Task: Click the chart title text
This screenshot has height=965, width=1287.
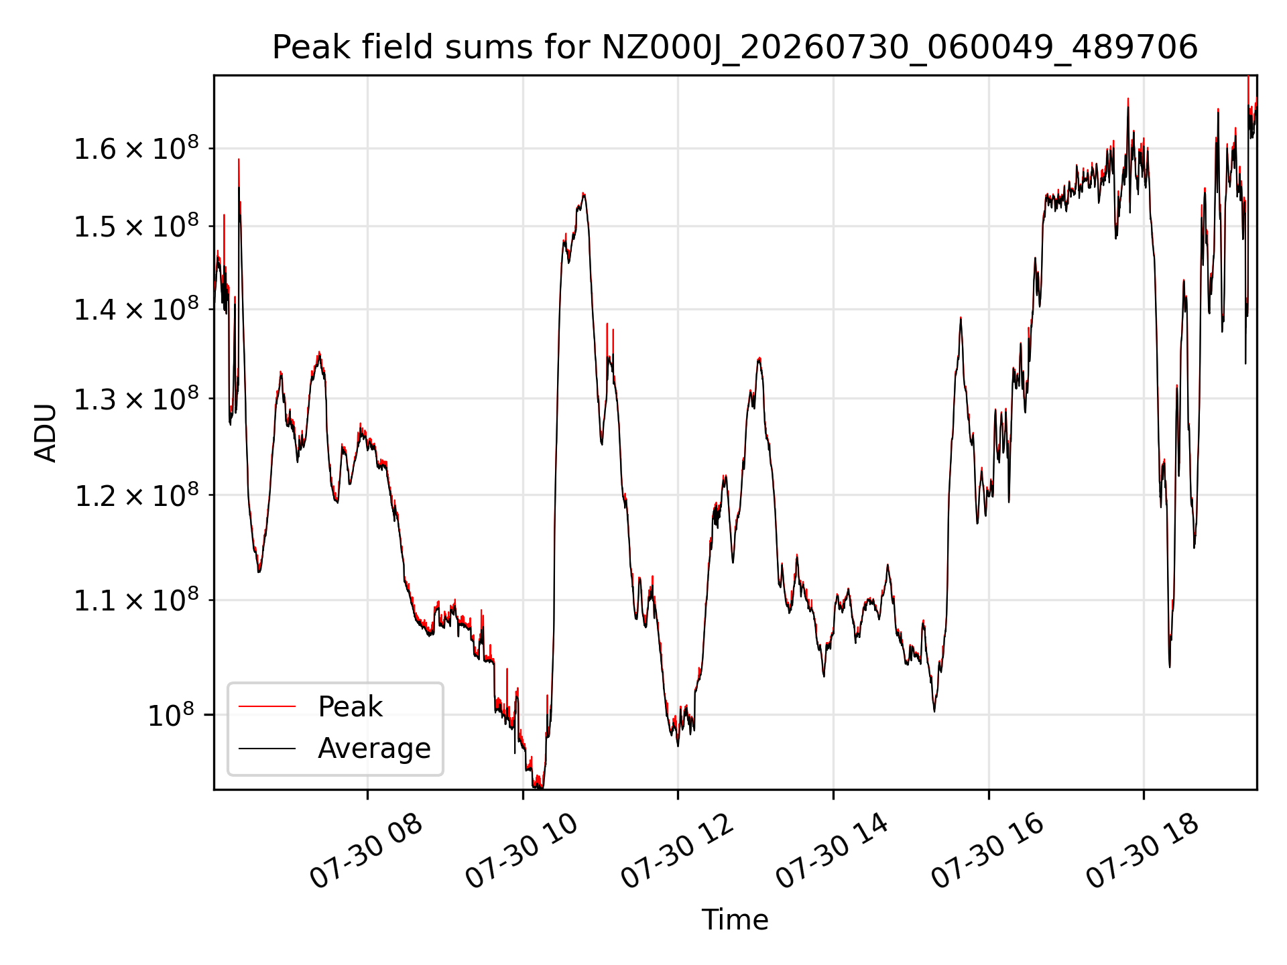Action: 735,48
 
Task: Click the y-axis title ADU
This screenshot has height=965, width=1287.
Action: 46,432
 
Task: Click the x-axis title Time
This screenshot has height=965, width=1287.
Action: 735,919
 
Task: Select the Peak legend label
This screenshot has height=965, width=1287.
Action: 350,706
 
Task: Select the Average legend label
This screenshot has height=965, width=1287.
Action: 374,748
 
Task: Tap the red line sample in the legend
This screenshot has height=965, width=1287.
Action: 267,706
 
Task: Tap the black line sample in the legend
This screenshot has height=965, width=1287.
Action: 267,748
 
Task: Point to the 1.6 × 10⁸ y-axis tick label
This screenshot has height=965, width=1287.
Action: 136,148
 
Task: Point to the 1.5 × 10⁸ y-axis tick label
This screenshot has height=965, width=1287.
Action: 136,227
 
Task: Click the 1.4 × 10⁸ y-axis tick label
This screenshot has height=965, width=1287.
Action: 136,309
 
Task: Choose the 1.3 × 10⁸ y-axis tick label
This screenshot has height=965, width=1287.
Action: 136,399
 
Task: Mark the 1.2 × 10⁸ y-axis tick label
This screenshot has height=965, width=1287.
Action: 136,495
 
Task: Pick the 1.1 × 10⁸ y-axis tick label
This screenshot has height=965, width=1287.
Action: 136,600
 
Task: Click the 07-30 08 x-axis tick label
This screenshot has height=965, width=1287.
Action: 366,851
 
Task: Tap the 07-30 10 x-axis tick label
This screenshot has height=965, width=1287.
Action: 522,851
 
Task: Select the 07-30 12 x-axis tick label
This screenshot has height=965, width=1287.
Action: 677,851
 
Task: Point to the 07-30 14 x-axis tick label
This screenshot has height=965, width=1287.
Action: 832,851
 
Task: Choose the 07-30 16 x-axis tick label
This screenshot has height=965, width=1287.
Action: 987,851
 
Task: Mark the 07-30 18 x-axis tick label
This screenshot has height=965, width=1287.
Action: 1142,851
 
